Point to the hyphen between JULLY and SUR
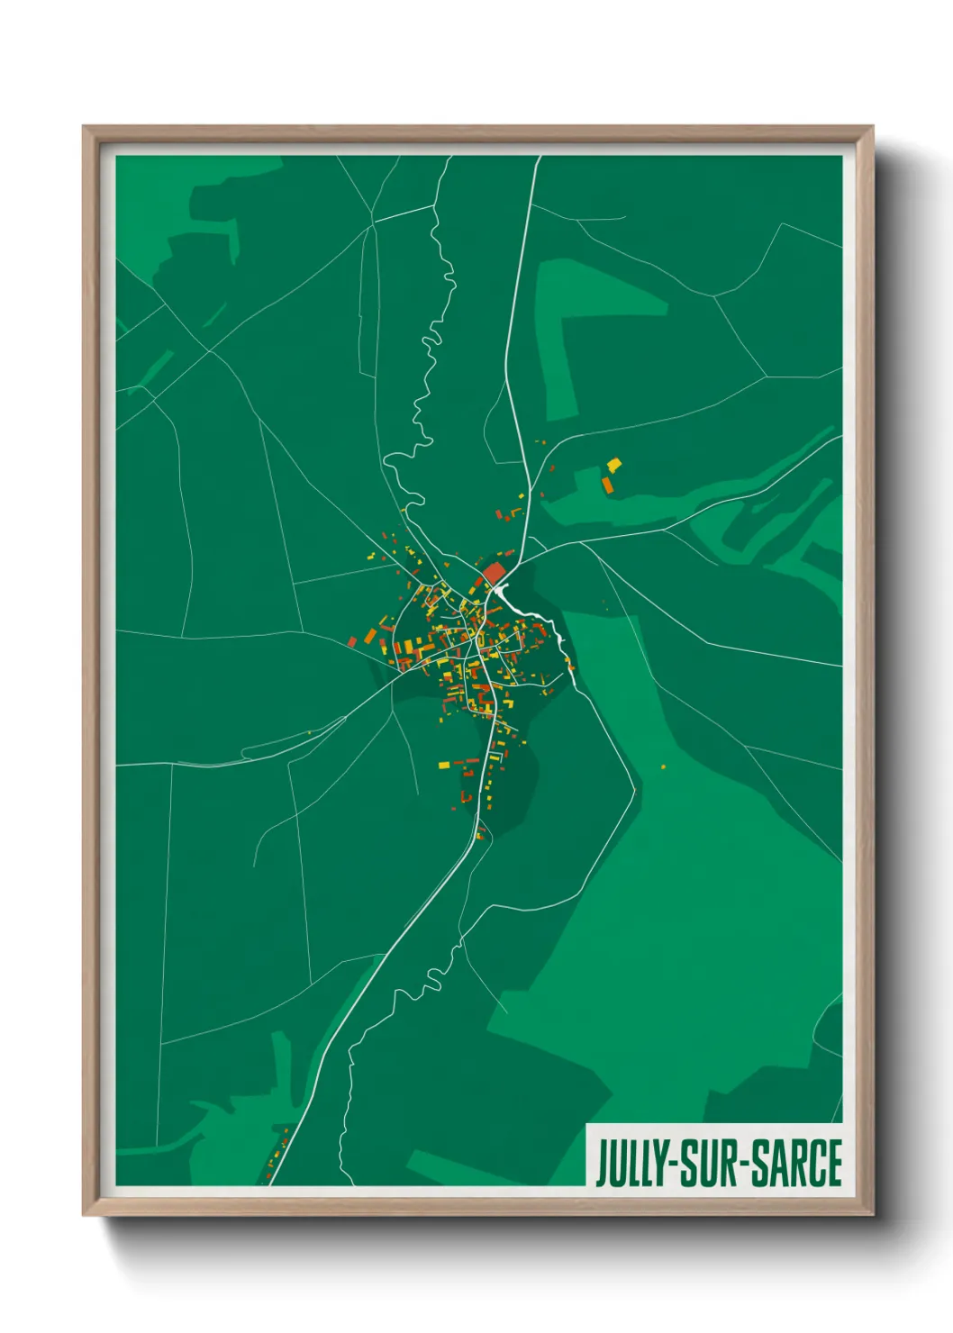point(671,1165)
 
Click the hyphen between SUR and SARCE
point(745,1165)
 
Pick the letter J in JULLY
point(600,1163)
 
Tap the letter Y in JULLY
point(658,1163)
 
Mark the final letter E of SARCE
point(834,1163)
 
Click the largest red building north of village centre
point(494,573)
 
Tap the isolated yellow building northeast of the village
point(614,465)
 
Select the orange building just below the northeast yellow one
point(607,485)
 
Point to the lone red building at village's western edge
point(352,641)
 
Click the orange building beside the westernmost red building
point(369,637)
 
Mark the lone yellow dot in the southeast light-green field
point(664,766)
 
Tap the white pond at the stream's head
point(501,591)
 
